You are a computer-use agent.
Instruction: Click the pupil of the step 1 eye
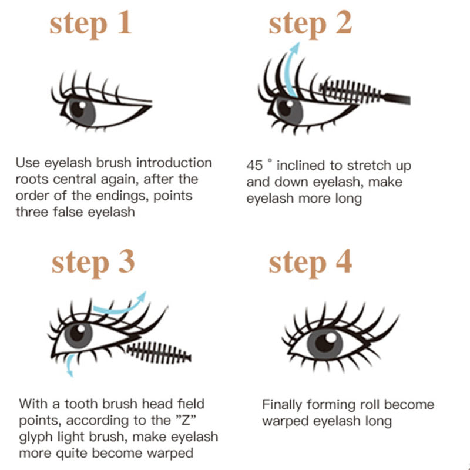coord(80,109)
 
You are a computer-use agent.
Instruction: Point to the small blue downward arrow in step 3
coord(70,364)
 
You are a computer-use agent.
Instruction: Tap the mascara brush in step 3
coord(159,352)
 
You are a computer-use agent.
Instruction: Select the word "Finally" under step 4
coord(283,405)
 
